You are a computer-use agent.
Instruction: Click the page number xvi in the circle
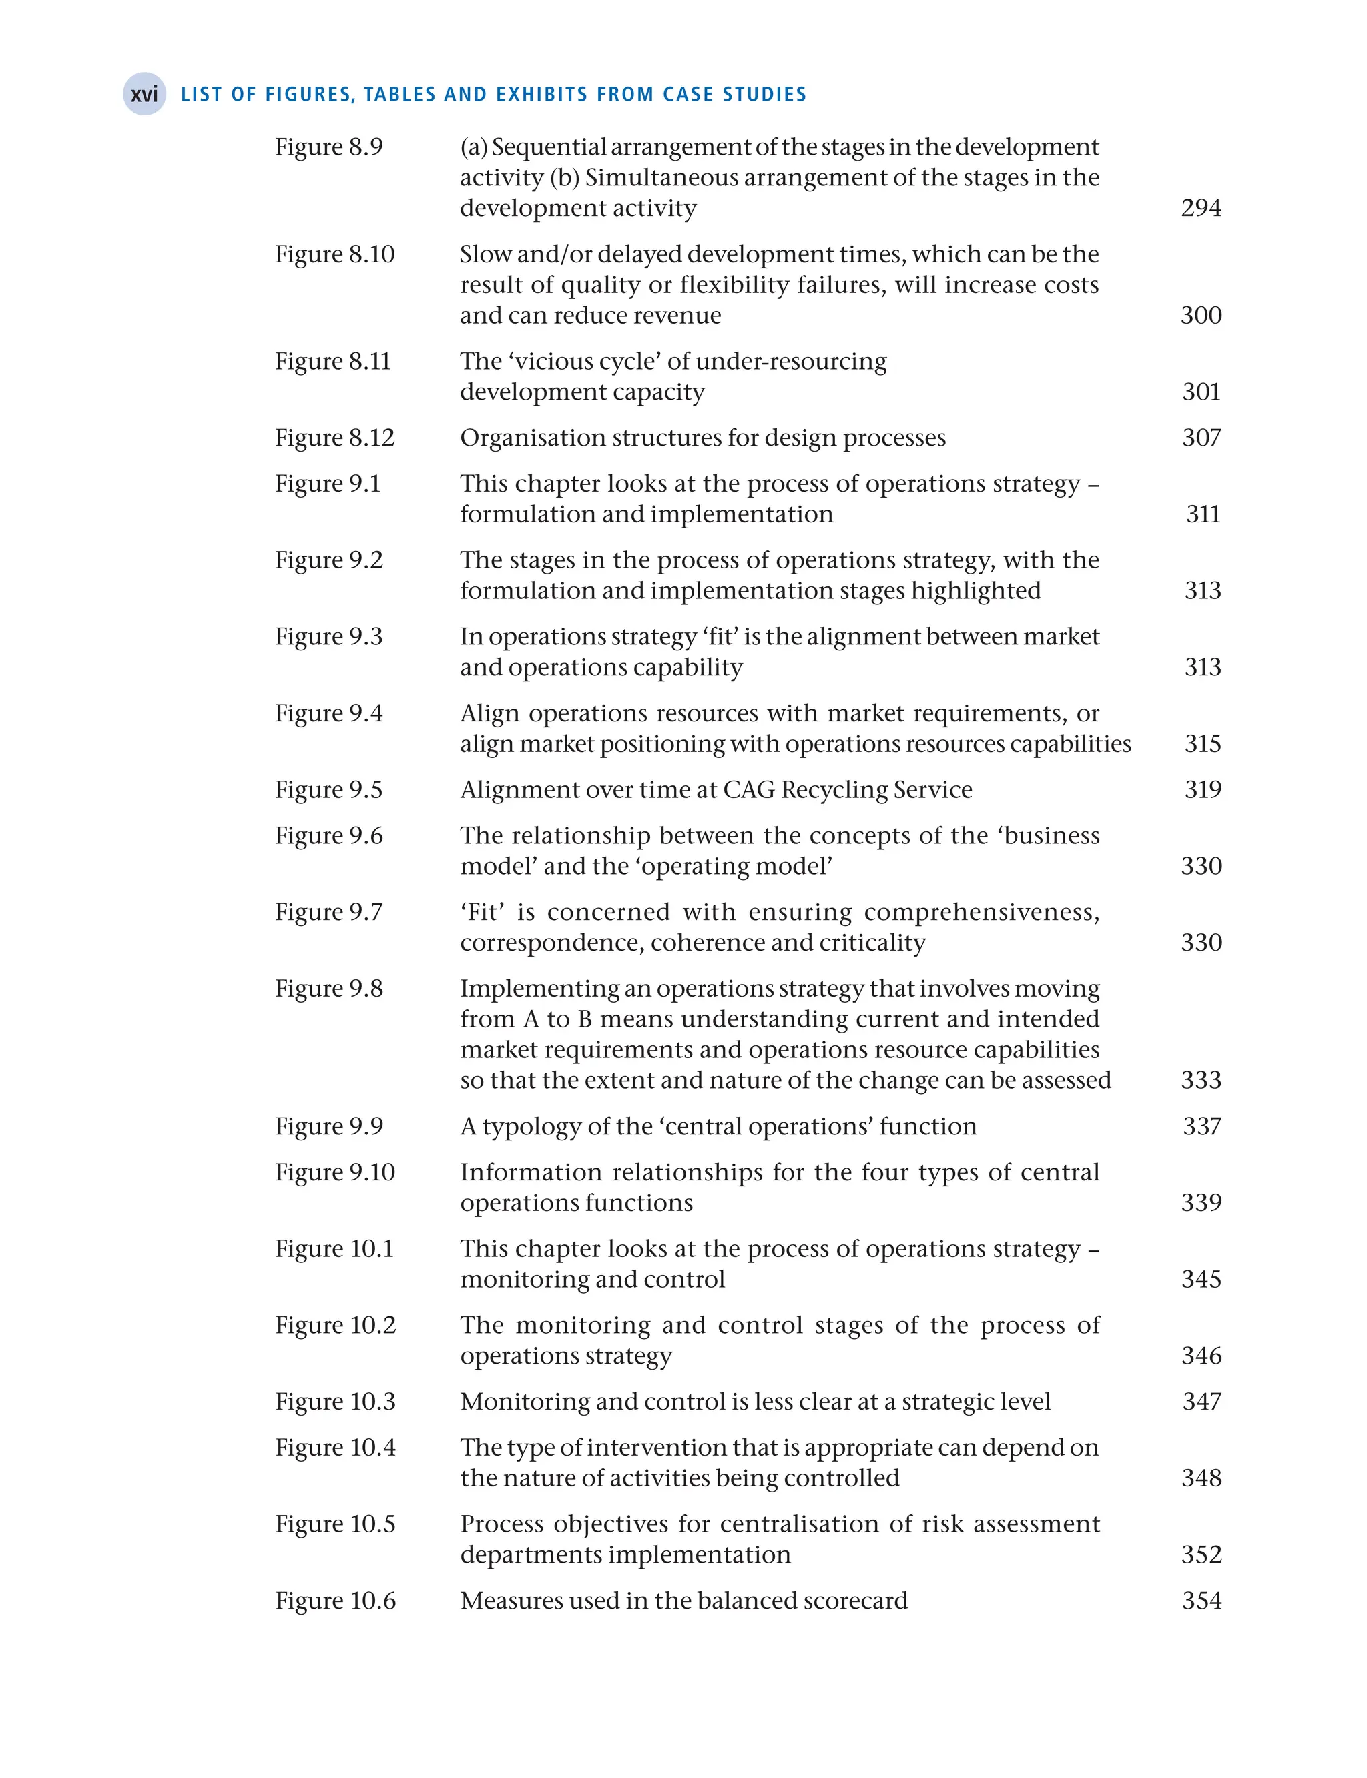click(144, 94)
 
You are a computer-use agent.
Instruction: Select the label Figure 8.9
click(328, 147)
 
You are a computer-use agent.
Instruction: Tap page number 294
click(1201, 208)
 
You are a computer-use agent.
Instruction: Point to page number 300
click(1201, 316)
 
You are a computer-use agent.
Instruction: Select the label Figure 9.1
click(327, 484)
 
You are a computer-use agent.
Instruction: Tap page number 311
click(1203, 514)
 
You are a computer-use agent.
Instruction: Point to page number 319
click(1203, 790)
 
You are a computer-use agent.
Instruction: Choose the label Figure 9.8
click(328, 989)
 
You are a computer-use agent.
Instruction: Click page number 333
click(1201, 1081)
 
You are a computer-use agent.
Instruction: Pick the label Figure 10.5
click(334, 1524)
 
